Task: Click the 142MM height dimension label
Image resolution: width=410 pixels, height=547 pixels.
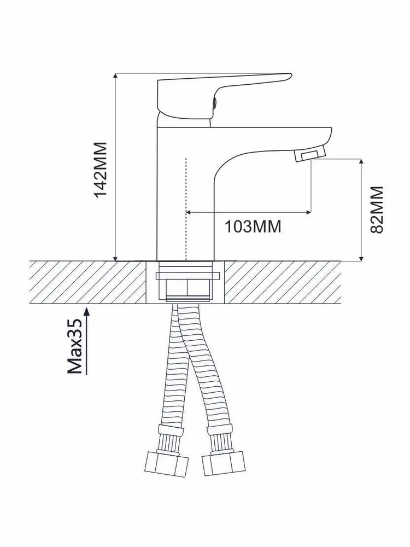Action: (101, 170)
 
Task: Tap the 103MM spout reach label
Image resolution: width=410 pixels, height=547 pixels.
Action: (253, 226)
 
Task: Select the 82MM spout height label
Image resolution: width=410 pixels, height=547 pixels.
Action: (377, 210)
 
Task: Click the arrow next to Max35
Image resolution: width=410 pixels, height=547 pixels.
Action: (87, 340)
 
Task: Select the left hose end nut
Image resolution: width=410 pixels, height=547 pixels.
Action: (166, 464)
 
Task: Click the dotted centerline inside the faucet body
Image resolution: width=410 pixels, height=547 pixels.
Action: (186, 209)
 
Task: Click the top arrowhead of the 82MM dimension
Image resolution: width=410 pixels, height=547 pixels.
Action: (361, 161)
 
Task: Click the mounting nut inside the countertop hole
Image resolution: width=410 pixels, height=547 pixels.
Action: (188, 281)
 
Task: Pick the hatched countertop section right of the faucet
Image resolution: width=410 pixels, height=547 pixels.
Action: (283, 282)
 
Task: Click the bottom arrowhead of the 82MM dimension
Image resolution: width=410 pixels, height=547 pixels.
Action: (361, 258)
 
